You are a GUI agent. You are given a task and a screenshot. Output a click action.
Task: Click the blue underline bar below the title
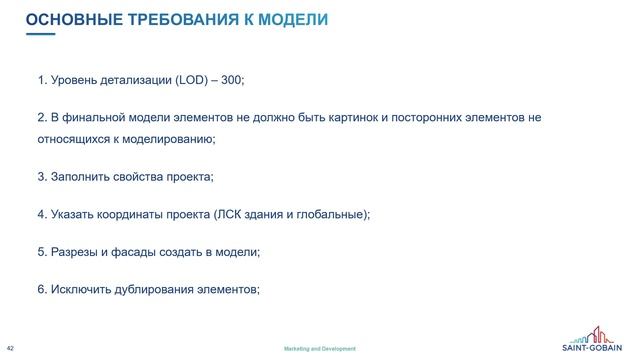[40, 34]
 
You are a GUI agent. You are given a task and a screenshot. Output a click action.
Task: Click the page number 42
[10, 348]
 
